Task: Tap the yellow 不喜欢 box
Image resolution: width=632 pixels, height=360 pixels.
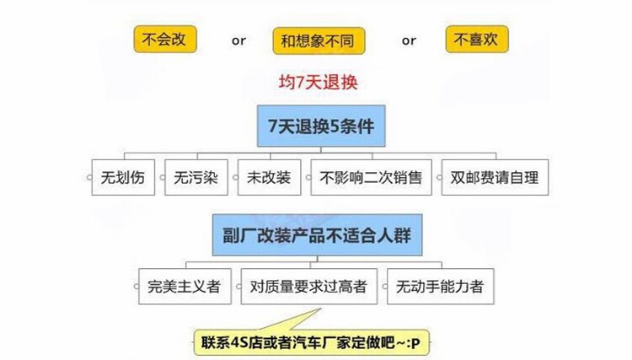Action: point(476,39)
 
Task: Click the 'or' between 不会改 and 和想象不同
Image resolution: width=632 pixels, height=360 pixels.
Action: point(239,40)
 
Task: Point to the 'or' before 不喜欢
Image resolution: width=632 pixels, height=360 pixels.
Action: point(409,40)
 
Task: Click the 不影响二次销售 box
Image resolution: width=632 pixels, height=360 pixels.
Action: point(372,177)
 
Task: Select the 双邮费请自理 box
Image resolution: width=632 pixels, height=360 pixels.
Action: point(495,177)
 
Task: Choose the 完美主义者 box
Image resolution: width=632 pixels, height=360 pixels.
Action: point(183,287)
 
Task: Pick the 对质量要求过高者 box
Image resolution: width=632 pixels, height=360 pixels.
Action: point(308,287)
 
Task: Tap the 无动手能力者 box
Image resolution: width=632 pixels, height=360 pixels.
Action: point(441,287)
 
